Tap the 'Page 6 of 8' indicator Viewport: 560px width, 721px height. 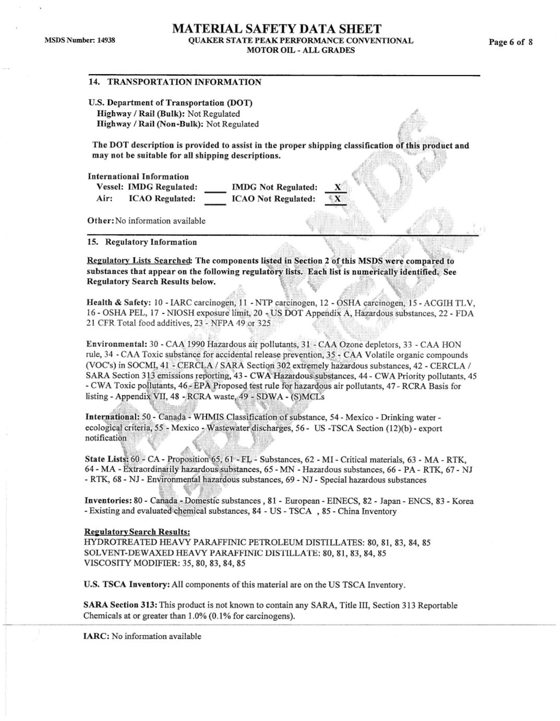point(510,42)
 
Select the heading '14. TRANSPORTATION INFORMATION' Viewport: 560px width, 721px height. point(175,82)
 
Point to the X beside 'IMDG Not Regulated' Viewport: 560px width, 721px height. point(337,187)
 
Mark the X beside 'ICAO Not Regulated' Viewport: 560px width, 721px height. point(337,199)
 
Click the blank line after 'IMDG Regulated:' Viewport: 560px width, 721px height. point(215,190)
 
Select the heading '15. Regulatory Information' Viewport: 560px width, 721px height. point(142,242)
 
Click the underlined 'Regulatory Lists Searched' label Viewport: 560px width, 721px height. point(139,261)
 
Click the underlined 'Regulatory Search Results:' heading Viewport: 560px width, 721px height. point(137,532)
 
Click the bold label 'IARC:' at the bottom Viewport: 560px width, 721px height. point(96,636)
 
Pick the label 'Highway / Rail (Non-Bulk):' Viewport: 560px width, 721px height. point(150,124)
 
